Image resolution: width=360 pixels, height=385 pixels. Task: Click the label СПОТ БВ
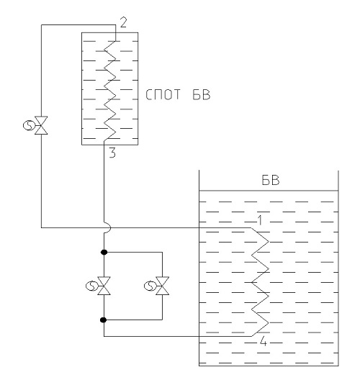coord(178,95)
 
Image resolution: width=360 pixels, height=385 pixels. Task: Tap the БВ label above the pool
coord(270,180)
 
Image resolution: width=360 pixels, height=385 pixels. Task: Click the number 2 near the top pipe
coord(123,22)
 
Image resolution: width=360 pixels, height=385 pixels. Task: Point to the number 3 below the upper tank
coord(112,153)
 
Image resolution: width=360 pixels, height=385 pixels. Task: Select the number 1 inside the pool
coord(260,220)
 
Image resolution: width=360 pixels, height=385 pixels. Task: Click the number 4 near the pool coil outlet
coord(264,341)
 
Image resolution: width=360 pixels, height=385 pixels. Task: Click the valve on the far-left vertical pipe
coord(41,125)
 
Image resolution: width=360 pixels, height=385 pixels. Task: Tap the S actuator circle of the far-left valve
coord(28,125)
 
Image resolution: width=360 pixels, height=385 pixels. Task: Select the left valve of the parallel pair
coord(104,286)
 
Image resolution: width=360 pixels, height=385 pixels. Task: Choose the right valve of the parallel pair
coord(162,286)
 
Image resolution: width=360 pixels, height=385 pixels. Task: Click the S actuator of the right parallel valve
coord(149,286)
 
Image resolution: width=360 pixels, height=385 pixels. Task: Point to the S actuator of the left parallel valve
coord(91,286)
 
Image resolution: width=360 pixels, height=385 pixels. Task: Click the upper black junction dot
coord(104,252)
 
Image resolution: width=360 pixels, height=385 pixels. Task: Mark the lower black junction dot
coord(104,320)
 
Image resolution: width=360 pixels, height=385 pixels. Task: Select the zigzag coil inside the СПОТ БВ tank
coord(109,91)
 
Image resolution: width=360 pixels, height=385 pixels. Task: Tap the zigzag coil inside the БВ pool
coord(260,282)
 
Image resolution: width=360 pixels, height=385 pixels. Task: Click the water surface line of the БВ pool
coord(269,191)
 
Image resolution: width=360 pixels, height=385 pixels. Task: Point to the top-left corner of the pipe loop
coord(41,24)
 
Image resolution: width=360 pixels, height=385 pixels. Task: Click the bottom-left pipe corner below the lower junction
coord(104,336)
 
